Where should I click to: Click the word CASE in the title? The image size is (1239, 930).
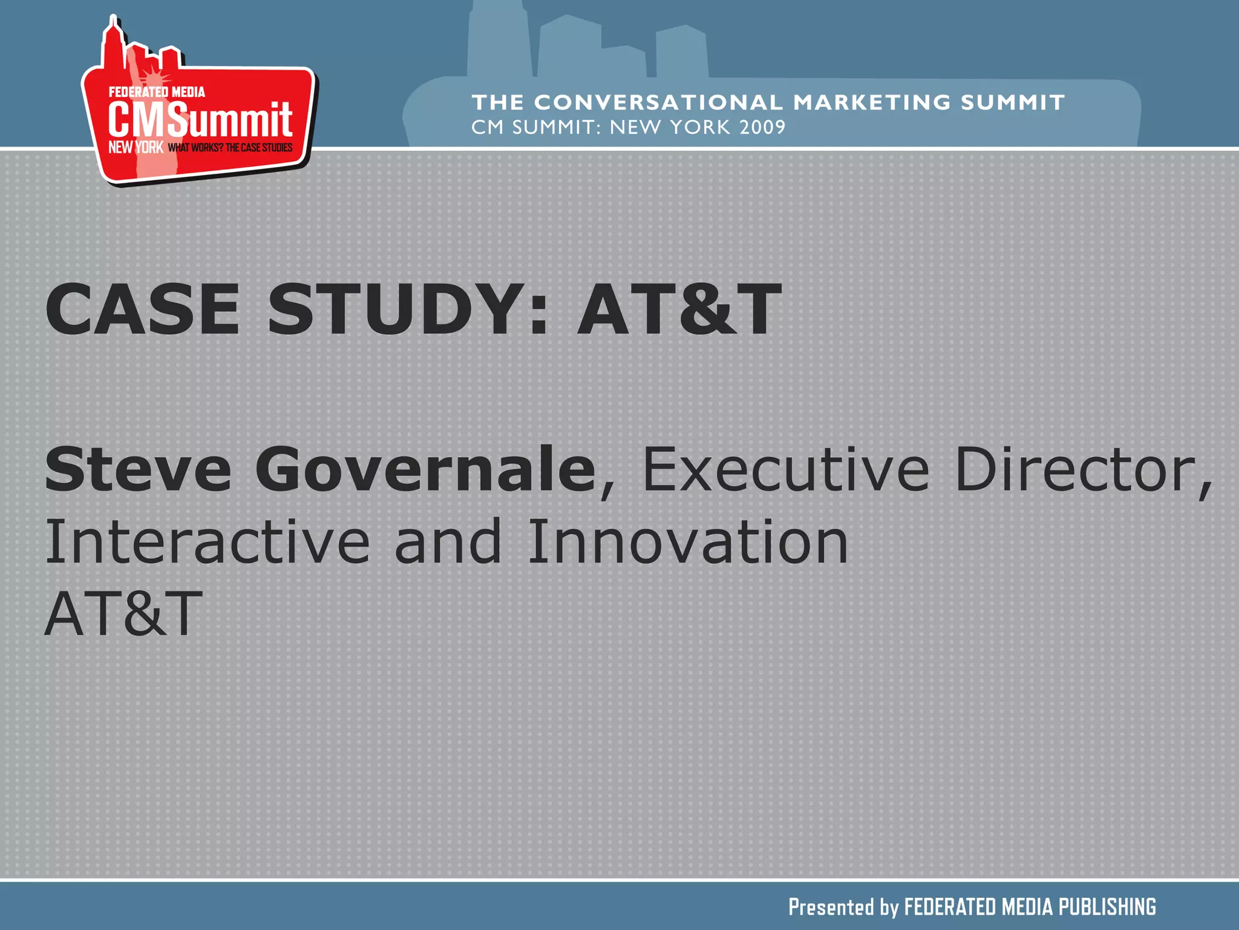click(x=142, y=309)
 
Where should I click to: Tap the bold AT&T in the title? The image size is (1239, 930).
click(x=679, y=309)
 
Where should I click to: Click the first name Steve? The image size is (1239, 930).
click(x=138, y=469)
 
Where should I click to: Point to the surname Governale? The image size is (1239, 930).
click(x=425, y=469)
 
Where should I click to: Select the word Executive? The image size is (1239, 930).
click(x=785, y=469)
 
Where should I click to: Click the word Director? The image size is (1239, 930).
click(x=1083, y=469)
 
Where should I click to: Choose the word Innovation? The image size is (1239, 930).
click(x=688, y=542)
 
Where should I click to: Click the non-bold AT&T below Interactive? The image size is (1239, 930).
click(x=123, y=614)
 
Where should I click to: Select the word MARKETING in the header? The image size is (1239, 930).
click(x=872, y=102)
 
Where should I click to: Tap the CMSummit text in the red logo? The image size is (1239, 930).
click(x=200, y=119)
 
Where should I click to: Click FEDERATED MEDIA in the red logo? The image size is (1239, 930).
click(x=157, y=92)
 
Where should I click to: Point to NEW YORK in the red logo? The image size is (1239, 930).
click(x=136, y=147)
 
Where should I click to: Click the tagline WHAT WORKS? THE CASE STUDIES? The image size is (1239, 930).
click(x=230, y=148)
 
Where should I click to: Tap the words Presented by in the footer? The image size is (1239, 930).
click(x=843, y=907)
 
